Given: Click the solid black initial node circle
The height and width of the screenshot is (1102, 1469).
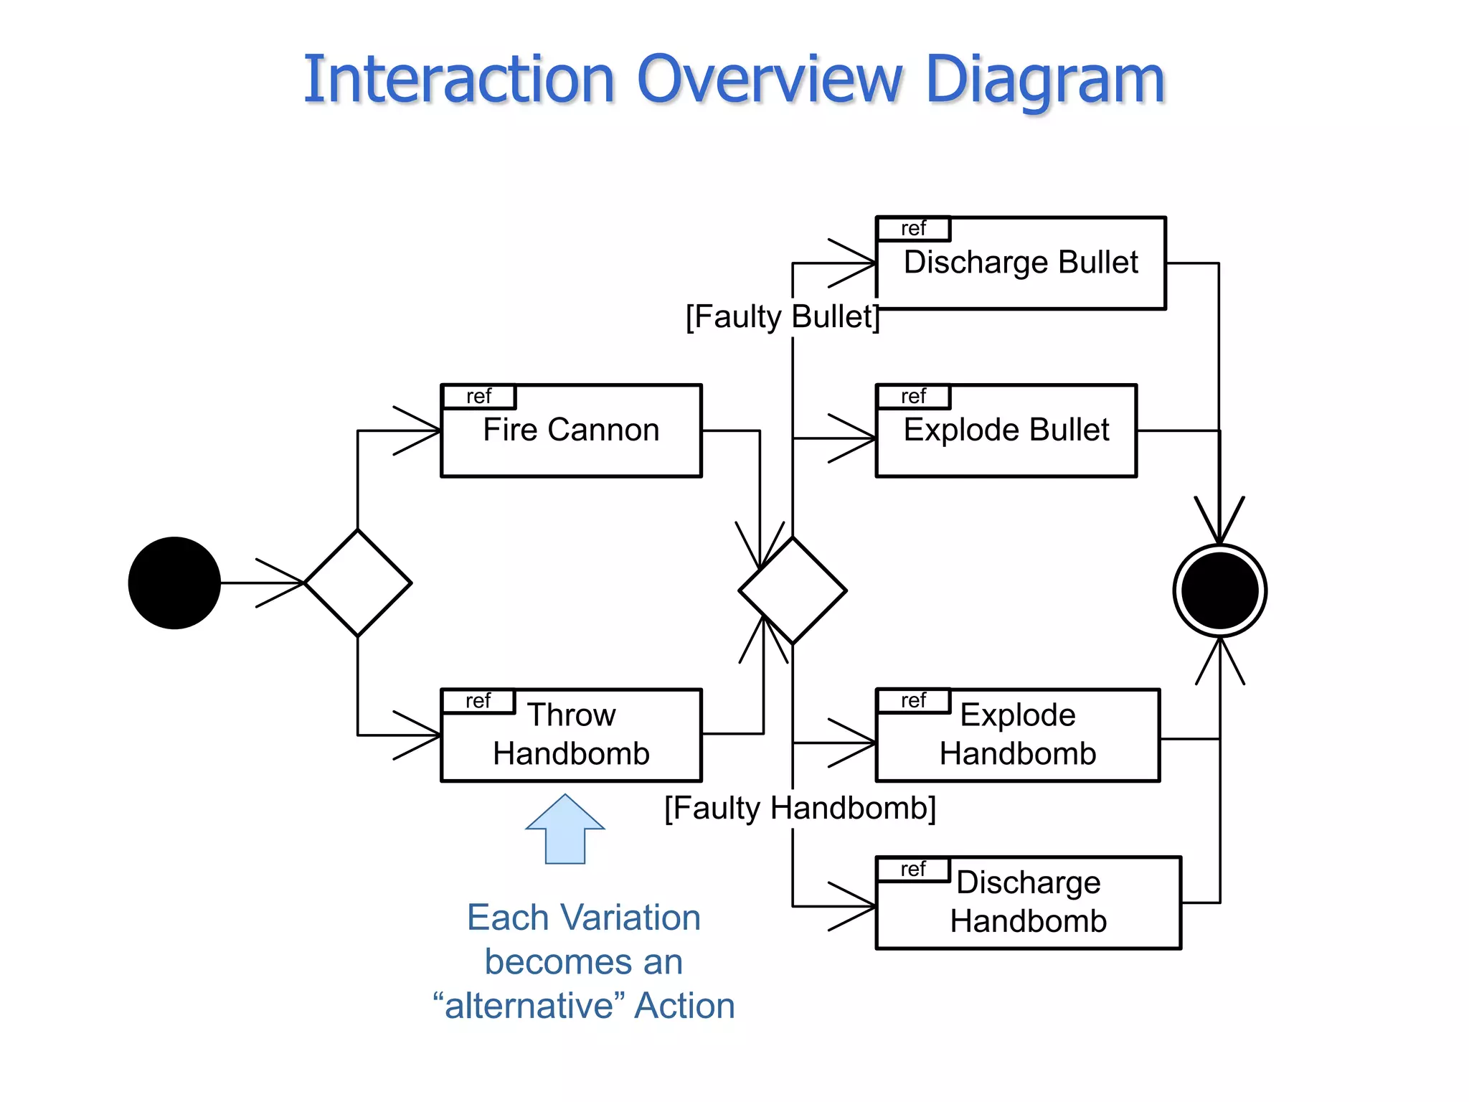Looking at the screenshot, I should click(x=174, y=583).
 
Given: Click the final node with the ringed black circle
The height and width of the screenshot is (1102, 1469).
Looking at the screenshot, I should click(x=1219, y=590).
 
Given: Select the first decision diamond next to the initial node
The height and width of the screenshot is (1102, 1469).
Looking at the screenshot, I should click(x=358, y=583).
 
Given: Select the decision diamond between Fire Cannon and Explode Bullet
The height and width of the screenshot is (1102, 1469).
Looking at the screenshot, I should click(x=793, y=590).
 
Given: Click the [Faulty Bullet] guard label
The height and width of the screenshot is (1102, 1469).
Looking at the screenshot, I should click(x=782, y=316).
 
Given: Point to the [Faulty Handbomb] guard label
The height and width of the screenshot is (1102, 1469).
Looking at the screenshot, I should click(x=800, y=809).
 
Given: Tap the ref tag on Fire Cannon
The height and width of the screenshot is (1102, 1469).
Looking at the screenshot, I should click(x=478, y=397).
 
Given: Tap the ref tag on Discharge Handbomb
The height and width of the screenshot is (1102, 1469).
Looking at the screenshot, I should click(x=913, y=870).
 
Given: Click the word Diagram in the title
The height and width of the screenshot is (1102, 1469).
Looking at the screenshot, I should click(x=1044, y=80).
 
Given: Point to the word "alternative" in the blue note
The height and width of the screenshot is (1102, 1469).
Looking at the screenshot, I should click(x=529, y=1005).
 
